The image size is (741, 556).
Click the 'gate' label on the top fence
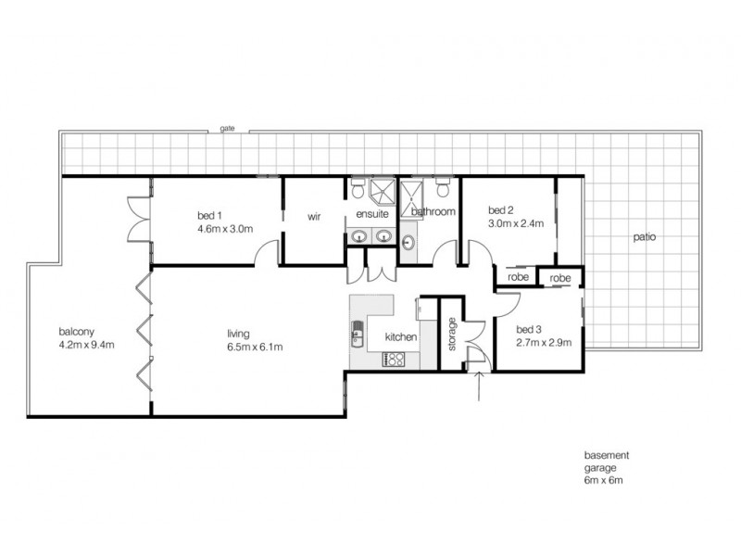(227, 128)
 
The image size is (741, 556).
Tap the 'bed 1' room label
(209, 216)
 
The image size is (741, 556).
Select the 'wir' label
(314, 217)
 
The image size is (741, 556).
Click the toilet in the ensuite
(358, 188)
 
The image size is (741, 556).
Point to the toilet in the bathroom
(443, 187)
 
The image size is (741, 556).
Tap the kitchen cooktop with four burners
(394, 360)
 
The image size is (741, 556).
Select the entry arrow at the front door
(479, 386)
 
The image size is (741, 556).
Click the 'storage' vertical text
(452, 334)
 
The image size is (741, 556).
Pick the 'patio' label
(644, 236)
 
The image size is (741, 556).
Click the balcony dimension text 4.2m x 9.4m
(86, 345)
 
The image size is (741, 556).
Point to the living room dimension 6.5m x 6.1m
(255, 347)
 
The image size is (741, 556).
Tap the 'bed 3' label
(529, 330)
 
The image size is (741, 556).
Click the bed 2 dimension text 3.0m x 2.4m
(516, 223)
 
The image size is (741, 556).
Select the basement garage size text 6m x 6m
(604, 480)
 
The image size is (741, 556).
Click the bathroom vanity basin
(408, 244)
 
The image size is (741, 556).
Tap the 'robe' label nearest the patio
(560, 278)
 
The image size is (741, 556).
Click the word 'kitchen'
(401, 336)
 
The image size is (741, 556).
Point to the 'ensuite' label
(372, 214)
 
